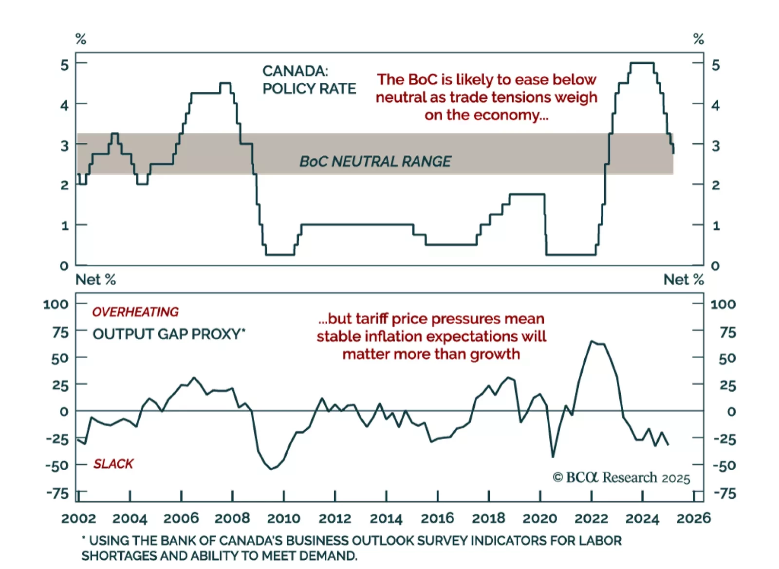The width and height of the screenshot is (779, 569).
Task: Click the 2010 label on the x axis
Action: tap(283, 518)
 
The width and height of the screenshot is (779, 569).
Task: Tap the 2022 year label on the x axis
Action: tap(591, 518)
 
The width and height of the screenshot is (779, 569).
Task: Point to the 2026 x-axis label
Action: tap(693, 518)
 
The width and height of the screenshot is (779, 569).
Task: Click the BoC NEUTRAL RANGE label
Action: tap(375, 162)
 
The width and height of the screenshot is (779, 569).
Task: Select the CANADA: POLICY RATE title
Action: tap(309, 80)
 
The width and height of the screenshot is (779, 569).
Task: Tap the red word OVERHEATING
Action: tap(135, 312)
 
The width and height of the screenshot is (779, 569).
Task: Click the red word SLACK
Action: tap(113, 464)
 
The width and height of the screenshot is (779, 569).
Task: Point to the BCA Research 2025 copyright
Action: tap(621, 477)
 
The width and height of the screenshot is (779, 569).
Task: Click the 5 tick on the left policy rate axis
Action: tap(64, 65)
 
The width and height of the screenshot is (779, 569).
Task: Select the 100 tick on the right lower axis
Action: tap(723, 305)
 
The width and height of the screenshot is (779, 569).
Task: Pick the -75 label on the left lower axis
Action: tap(58, 494)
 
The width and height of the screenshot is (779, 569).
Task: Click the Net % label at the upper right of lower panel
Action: tap(684, 280)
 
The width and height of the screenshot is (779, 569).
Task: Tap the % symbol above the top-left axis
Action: tap(81, 39)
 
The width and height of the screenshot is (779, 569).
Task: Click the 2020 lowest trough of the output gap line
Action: tap(553, 457)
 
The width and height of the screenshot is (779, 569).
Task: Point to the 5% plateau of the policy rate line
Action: tap(642, 63)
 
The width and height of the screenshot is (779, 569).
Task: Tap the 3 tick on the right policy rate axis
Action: tap(715, 146)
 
